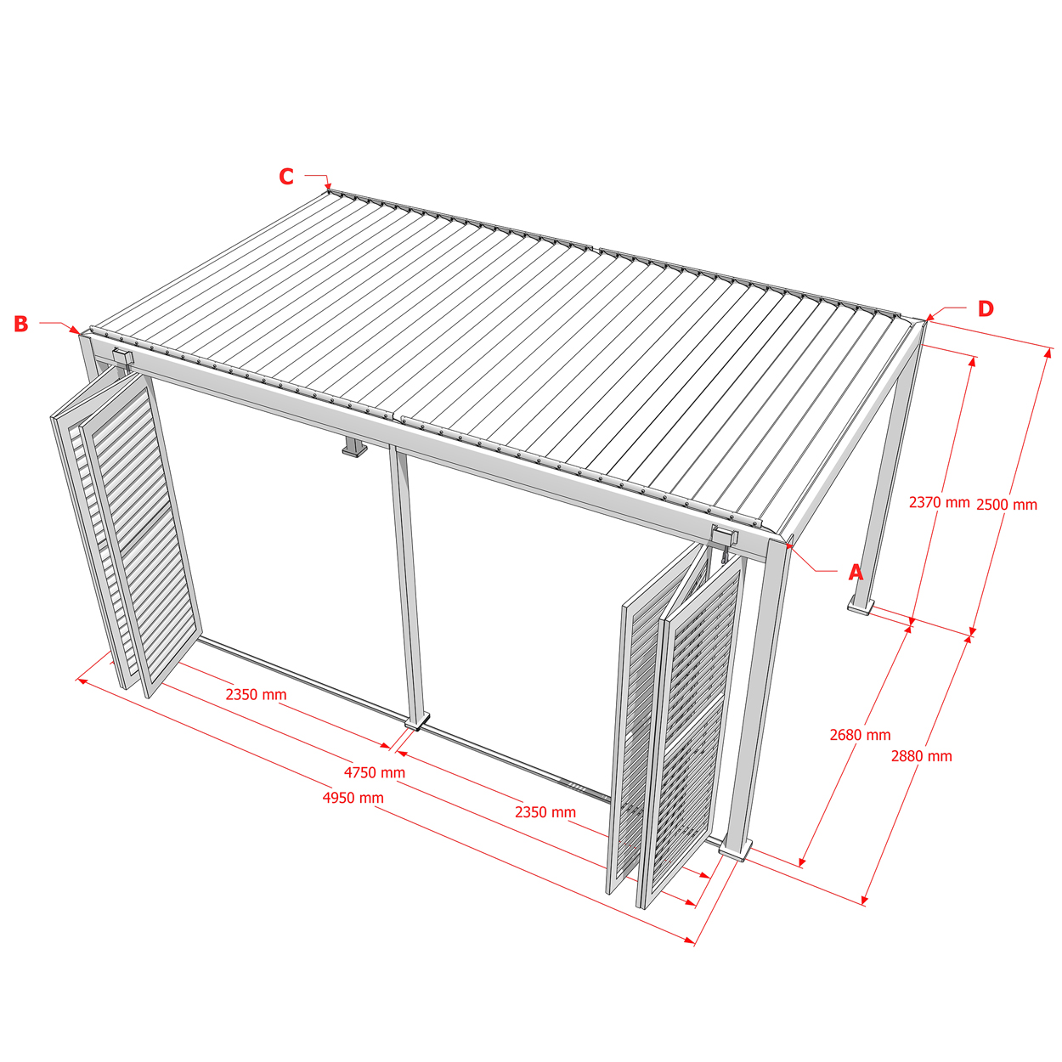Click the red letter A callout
pyautogui.click(x=855, y=573)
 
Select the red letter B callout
pyautogui.click(x=21, y=324)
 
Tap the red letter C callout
pyautogui.click(x=286, y=177)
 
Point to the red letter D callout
pyautogui.click(x=986, y=308)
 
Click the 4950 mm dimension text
pyautogui.click(x=353, y=798)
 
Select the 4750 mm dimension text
pyautogui.click(x=374, y=772)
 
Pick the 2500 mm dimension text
pyautogui.click(x=1006, y=505)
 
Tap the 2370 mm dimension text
pyautogui.click(x=939, y=502)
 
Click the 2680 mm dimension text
pyautogui.click(x=860, y=735)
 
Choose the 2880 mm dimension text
pyautogui.click(x=922, y=756)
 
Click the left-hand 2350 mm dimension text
pyautogui.click(x=256, y=694)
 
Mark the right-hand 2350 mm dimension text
pyautogui.click(x=545, y=812)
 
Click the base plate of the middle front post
pyautogui.click(x=417, y=721)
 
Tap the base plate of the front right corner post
pyautogui.click(x=735, y=850)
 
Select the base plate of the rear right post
pyautogui.click(x=861, y=607)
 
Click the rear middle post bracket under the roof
pyautogui.click(x=354, y=447)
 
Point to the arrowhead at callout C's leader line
pyautogui.click(x=328, y=186)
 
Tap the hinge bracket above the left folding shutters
pyautogui.click(x=123, y=357)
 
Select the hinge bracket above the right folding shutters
pyautogui.click(x=725, y=535)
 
